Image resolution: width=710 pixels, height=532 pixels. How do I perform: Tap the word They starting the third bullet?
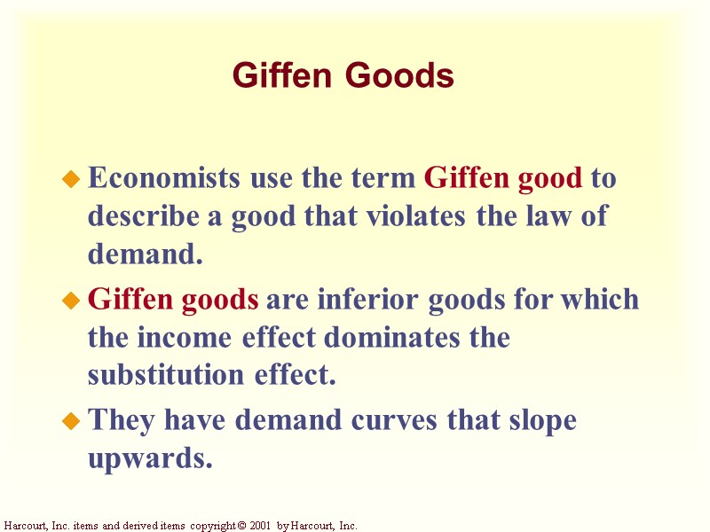(122, 420)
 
